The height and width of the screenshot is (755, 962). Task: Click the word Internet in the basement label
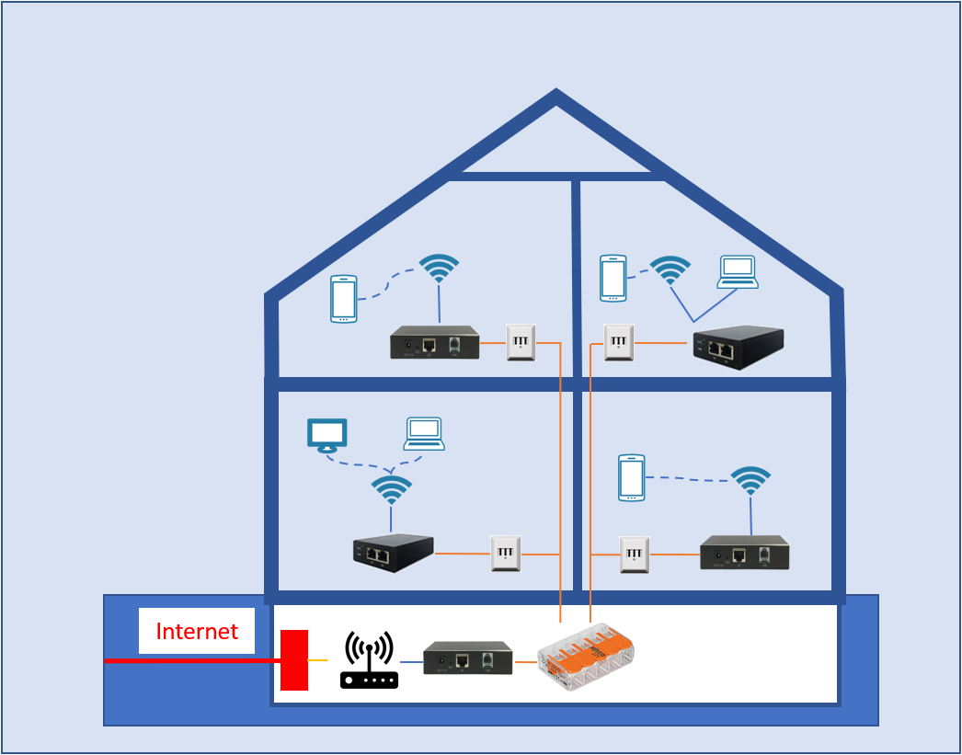tap(197, 632)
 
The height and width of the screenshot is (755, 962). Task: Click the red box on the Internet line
tap(294, 659)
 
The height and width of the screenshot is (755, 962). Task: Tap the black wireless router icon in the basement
tap(369, 660)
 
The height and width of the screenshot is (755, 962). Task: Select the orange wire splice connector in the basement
tap(586, 656)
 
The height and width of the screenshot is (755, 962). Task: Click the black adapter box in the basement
tap(467, 658)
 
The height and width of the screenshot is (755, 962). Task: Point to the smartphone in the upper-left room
tap(344, 299)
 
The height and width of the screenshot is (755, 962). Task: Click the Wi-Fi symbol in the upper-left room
tap(439, 268)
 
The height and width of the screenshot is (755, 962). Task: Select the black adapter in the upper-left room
tap(434, 342)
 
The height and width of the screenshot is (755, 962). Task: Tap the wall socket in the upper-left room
tap(521, 342)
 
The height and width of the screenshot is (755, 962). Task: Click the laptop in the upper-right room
tap(738, 272)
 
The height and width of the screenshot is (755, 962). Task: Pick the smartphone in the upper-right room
tap(613, 278)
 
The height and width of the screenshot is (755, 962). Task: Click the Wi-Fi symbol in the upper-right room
tap(670, 269)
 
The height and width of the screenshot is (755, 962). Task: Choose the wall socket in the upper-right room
tap(618, 342)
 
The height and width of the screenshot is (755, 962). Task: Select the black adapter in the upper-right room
tap(738, 347)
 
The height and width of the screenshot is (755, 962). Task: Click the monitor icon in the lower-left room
tap(326, 435)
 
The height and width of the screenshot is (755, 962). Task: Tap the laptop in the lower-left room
tap(424, 433)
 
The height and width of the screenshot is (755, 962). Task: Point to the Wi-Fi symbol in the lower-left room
tap(392, 489)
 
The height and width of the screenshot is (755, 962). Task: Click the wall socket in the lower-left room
tap(506, 554)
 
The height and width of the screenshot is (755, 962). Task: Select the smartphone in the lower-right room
tap(631, 477)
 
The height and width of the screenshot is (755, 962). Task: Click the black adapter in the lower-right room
tap(744, 553)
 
